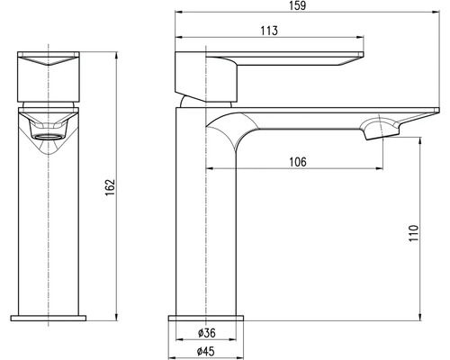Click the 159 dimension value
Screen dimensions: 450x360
(x=298, y=5)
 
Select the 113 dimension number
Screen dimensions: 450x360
(x=269, y=31)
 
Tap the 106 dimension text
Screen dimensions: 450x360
(x=298, y=162)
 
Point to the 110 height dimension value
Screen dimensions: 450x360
(x=413, y=233)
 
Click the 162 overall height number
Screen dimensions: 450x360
(x=110, y=187)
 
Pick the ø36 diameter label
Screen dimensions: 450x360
(x=207, y=333)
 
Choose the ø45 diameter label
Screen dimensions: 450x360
(x=206, y=351)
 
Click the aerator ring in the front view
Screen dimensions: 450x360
(x=48, y=137)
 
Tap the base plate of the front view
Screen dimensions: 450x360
(x=48, y=318)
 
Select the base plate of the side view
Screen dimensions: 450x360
(x=206, y=318)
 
